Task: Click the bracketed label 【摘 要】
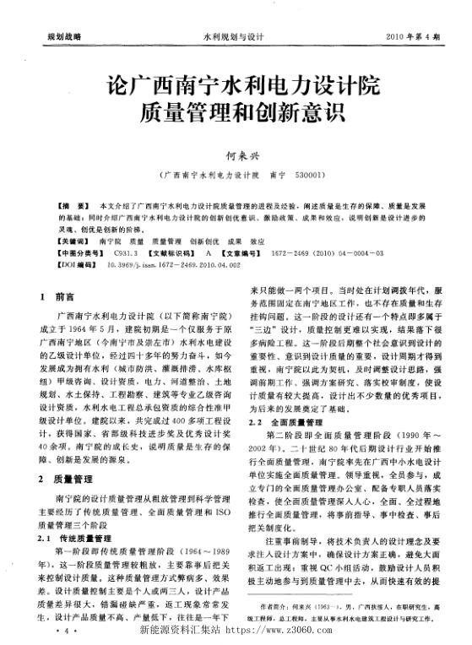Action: click(69, 206)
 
